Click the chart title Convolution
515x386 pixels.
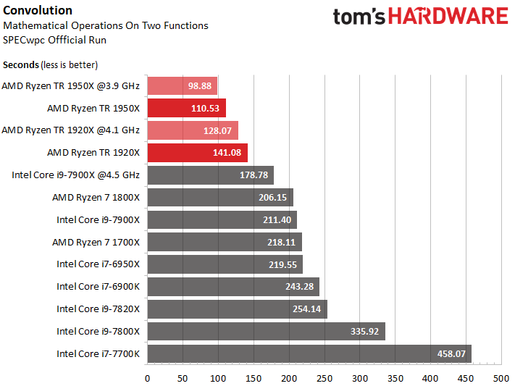click(38, 10)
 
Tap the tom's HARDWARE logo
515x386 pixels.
click(420, 17)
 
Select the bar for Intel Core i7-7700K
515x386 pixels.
click(309, 354)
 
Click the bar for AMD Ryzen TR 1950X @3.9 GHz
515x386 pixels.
click(182, 86)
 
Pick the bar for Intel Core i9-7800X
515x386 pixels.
click(266, 332)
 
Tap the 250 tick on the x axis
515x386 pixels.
click(324, 377)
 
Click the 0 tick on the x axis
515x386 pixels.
click(147, 377)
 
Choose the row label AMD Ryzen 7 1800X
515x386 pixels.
click(96, 198)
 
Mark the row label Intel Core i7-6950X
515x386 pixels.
click(98, 264)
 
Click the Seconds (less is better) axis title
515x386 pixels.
click(50, 64)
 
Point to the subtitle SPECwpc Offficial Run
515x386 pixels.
click(54, 38)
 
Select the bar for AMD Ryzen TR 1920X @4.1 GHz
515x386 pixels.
click(192, 131)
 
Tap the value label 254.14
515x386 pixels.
click(308, 309)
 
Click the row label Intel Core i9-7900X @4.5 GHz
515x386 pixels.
click(75, 175)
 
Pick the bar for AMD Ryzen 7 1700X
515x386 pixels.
click(224, 243)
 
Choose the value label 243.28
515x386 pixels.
click(300, 287)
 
